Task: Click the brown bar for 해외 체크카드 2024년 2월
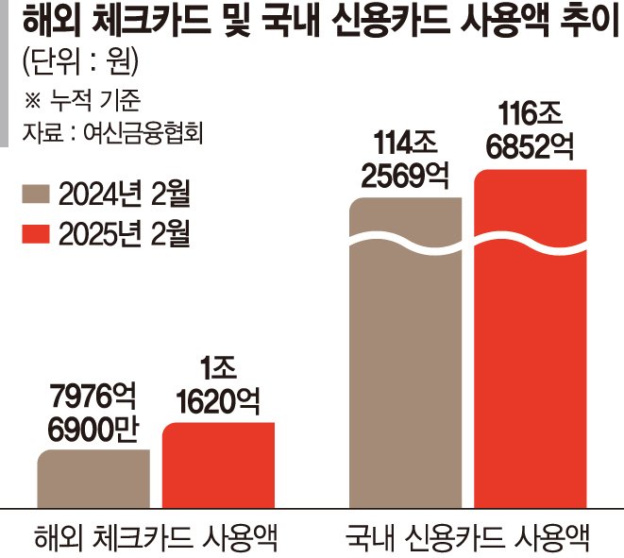(x=93, y=479)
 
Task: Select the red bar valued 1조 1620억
(x=218, y=465)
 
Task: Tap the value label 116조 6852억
(x=530, y=131)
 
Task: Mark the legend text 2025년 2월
(x=123, y=232)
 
